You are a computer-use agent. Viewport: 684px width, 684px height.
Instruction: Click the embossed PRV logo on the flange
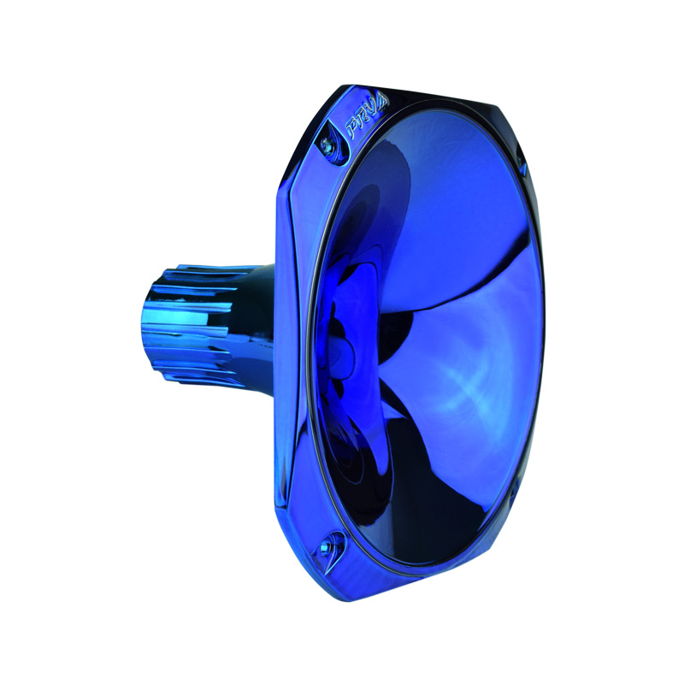coord(367,118)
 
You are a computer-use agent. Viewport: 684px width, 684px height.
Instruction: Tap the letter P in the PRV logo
coord(351,126)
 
